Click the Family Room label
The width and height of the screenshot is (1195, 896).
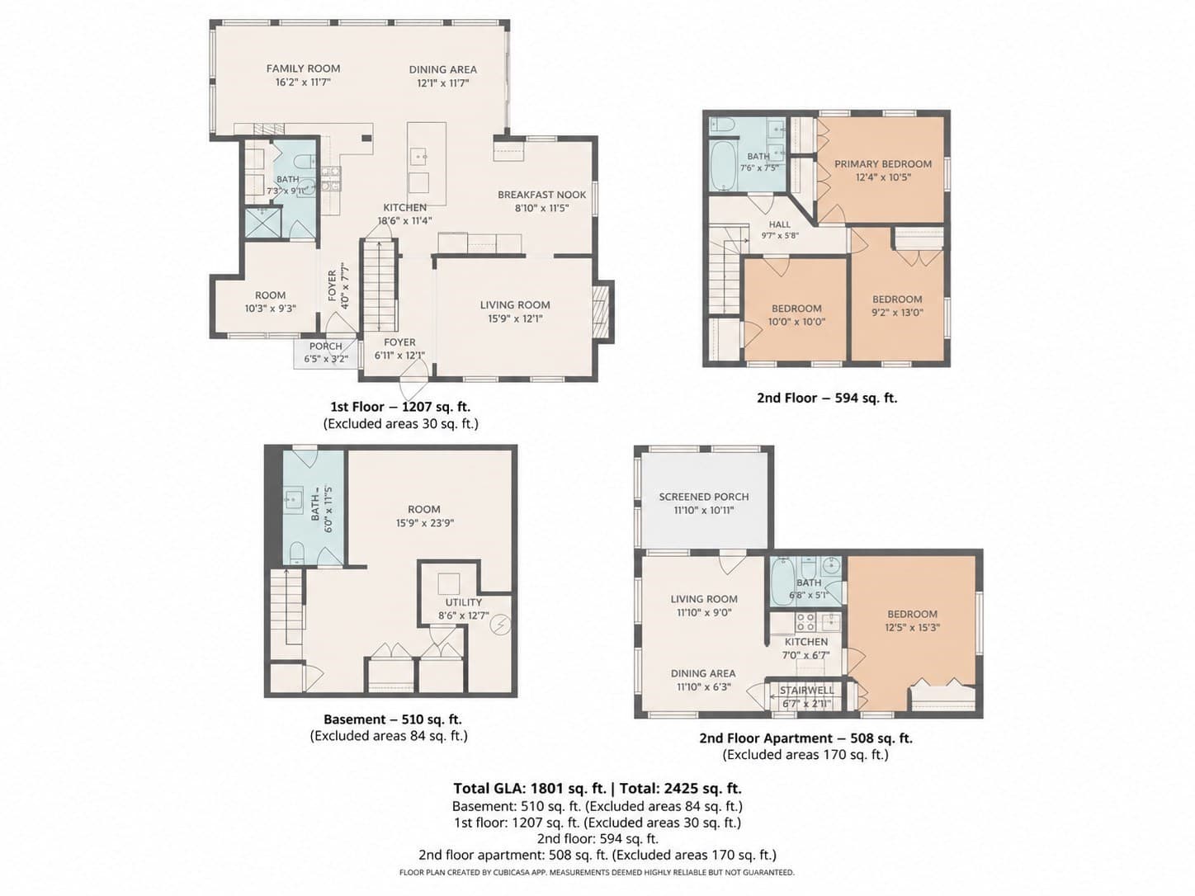tap(303, 68)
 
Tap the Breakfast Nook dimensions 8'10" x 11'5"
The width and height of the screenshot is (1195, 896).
tap(541, 208)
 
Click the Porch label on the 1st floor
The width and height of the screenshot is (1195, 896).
tap(325, 346)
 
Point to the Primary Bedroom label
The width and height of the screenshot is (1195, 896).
tap(883, 163)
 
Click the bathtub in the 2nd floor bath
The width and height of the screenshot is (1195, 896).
tap(724, 165)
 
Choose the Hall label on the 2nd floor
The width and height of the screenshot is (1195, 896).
tap(780, 224)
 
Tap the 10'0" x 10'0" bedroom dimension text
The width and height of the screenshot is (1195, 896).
tap(796, 322)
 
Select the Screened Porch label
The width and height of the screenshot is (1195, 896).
tap(704, 497)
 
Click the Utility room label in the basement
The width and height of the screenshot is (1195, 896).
tap(463, 602)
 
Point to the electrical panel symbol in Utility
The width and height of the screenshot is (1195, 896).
tap(500, 625)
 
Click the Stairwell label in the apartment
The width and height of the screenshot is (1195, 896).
tap(806, 691)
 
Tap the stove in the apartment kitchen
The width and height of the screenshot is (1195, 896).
tap(805, 621)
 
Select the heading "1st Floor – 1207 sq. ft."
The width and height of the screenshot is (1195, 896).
tap(400, 407)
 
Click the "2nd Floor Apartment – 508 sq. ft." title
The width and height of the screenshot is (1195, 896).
tap(805, 738)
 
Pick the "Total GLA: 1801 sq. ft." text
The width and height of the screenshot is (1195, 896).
tap(530, 788)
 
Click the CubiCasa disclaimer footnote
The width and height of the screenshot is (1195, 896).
tap(597, 873)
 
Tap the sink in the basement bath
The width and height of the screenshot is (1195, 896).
tap(294, 500)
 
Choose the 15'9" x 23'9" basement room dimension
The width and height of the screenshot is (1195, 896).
tap(425, 523)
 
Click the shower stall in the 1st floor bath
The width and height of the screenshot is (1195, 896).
tap(263, 222)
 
